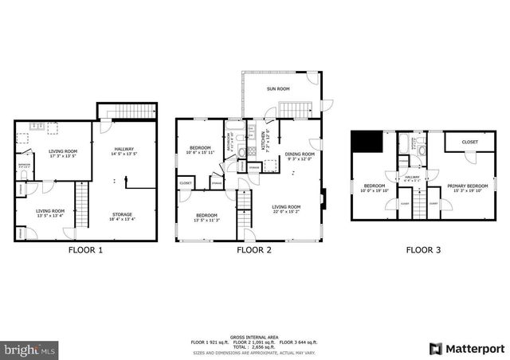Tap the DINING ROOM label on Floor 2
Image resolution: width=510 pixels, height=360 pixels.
point(300,154)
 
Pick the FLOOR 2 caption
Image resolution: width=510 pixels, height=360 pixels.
point(254,250)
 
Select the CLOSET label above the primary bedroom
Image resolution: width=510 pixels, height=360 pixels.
point(470,142)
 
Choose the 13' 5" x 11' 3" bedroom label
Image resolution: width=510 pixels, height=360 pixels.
point(207,219)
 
